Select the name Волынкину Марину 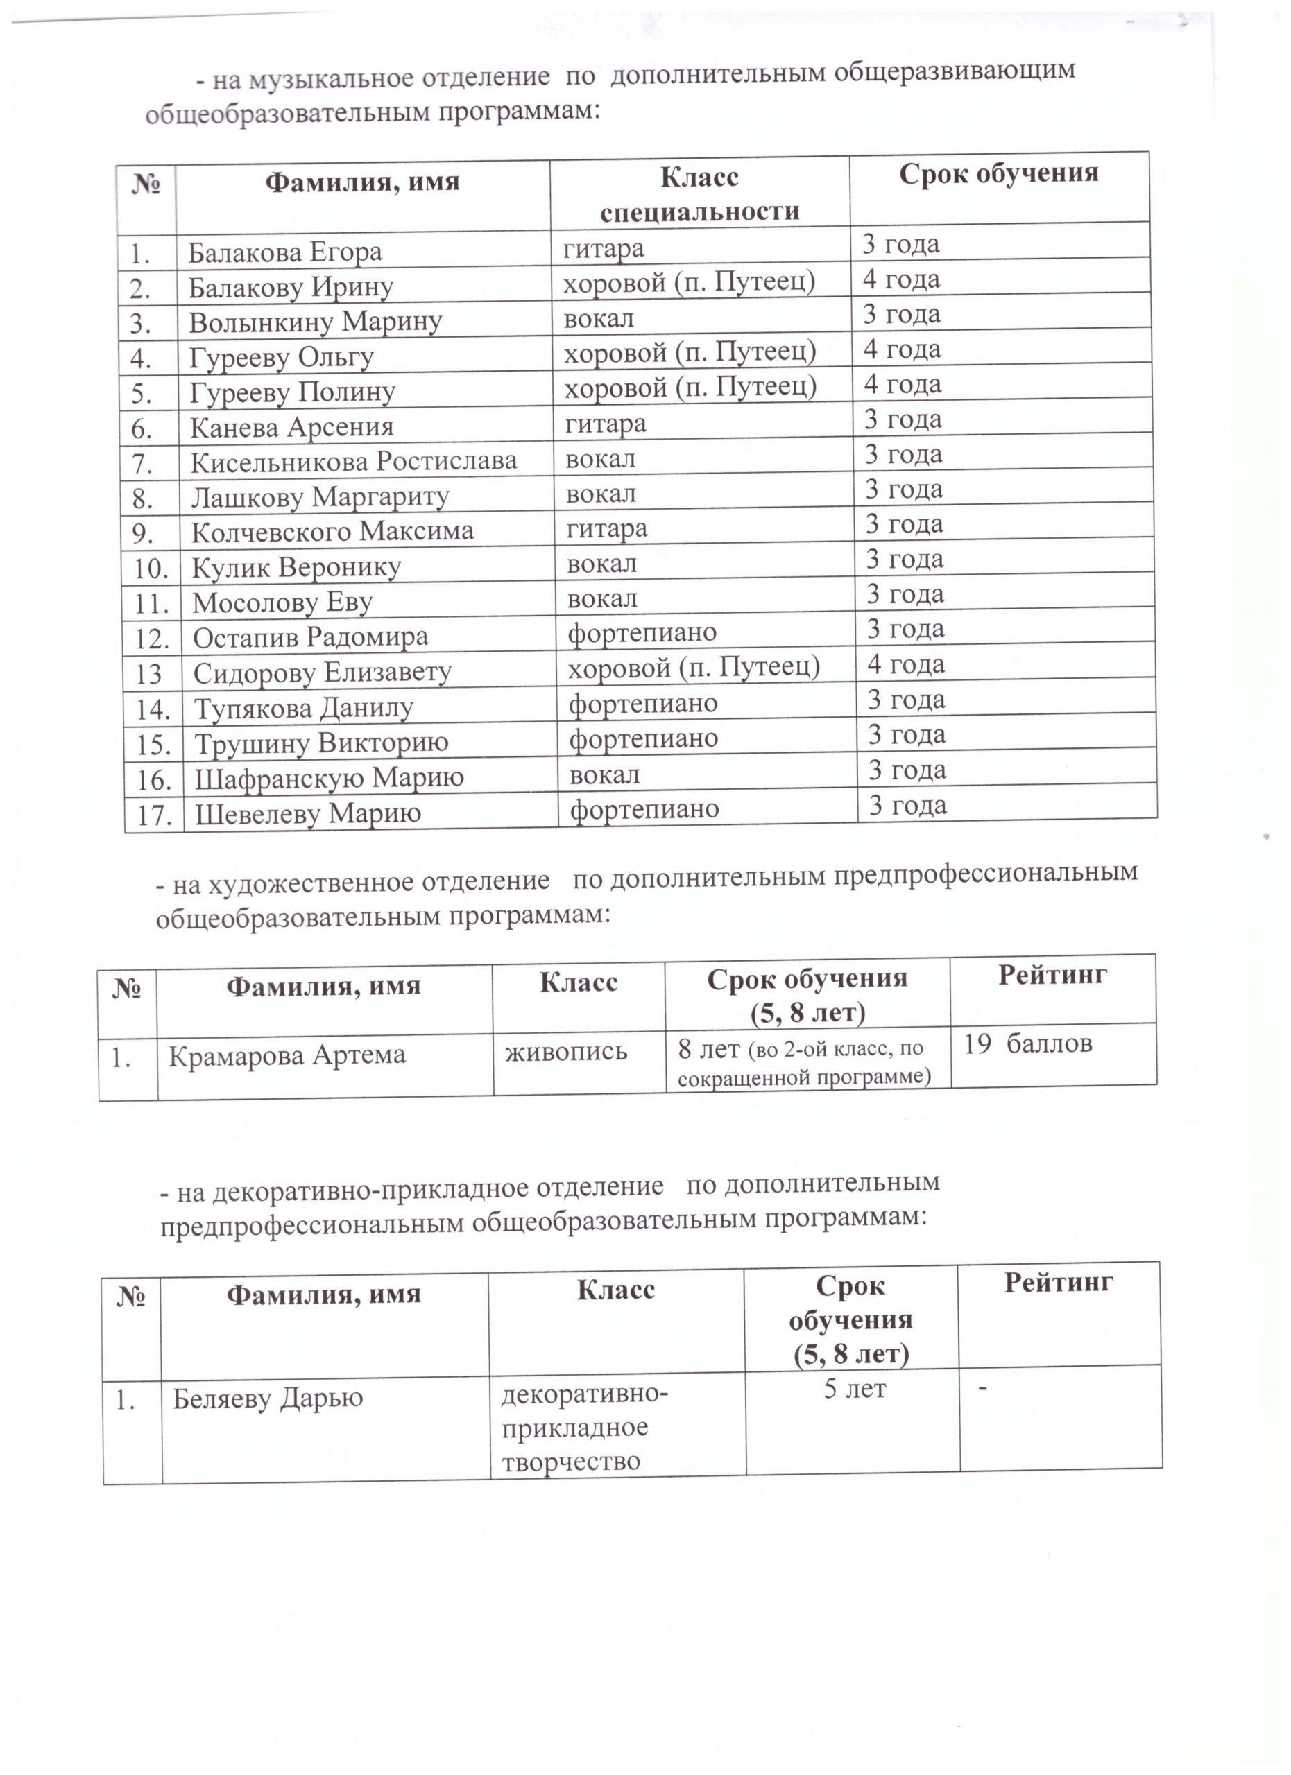(316, 322)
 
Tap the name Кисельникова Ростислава (354, 462)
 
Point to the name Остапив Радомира (311, 638)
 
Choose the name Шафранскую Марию (329, 778)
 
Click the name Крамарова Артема (287, 1056)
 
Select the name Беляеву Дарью (268, 1399)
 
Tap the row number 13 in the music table (148, 675)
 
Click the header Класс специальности (699, 193)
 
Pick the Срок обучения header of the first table (998, 173)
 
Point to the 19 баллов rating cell (1027, 1044)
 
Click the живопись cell (567, 1050)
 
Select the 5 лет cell (854, 1389)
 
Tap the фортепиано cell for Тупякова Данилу (643, 704)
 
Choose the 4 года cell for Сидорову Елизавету (906, 664)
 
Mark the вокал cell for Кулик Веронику (601, 564)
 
